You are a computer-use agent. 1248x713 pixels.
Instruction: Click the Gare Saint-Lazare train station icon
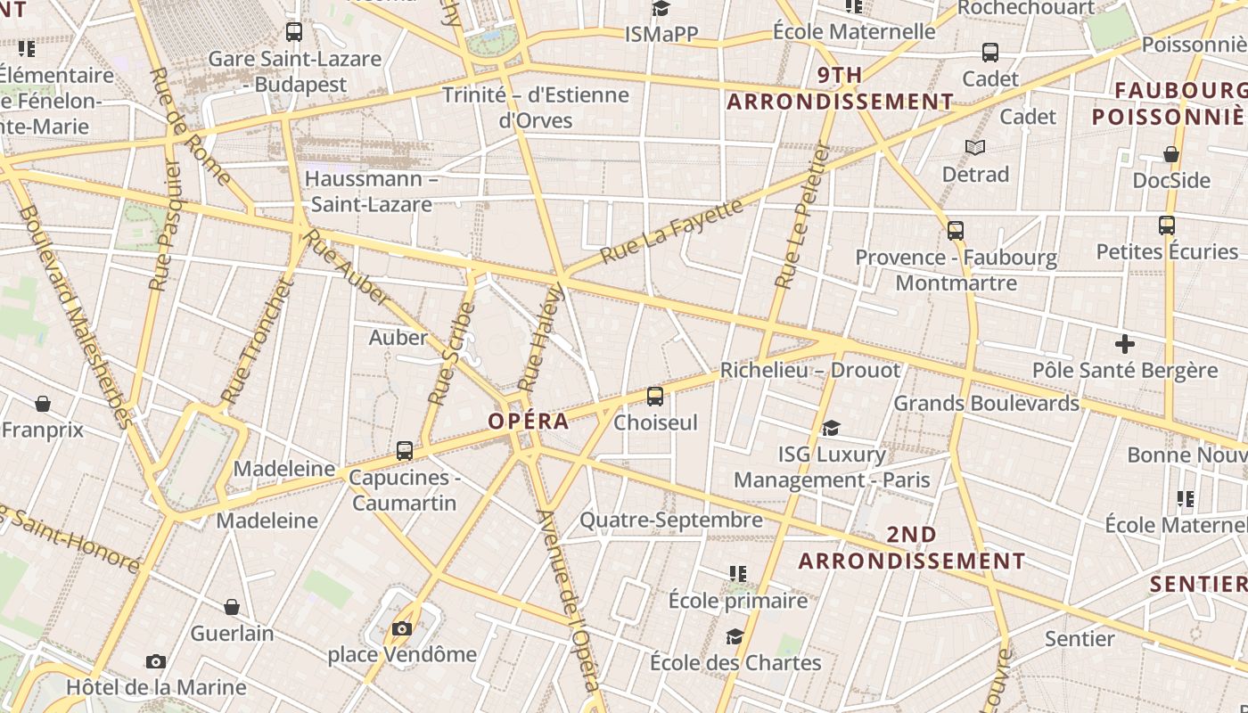293,32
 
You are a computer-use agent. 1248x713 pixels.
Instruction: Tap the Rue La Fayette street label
671,232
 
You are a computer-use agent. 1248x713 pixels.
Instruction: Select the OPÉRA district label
529,421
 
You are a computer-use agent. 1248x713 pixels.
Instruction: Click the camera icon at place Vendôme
402,629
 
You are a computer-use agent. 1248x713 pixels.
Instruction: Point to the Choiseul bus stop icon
655,397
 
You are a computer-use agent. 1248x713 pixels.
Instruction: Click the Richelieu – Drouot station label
809,370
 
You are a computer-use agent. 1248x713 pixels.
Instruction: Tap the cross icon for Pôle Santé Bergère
1125,343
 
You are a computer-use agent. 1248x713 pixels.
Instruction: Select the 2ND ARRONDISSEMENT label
911,547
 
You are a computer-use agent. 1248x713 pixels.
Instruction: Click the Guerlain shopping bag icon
232,607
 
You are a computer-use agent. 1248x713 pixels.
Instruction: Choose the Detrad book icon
975,147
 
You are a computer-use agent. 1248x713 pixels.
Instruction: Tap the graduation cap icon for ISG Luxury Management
831,429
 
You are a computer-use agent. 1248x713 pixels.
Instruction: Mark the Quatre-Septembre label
671,520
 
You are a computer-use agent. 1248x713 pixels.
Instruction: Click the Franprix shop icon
42,404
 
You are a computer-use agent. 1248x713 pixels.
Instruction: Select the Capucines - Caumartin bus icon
405,451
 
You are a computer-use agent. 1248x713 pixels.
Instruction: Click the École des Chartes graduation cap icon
735,636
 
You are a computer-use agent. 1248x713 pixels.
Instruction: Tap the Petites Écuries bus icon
1166,225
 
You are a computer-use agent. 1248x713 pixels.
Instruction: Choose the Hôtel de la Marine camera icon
156,661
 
